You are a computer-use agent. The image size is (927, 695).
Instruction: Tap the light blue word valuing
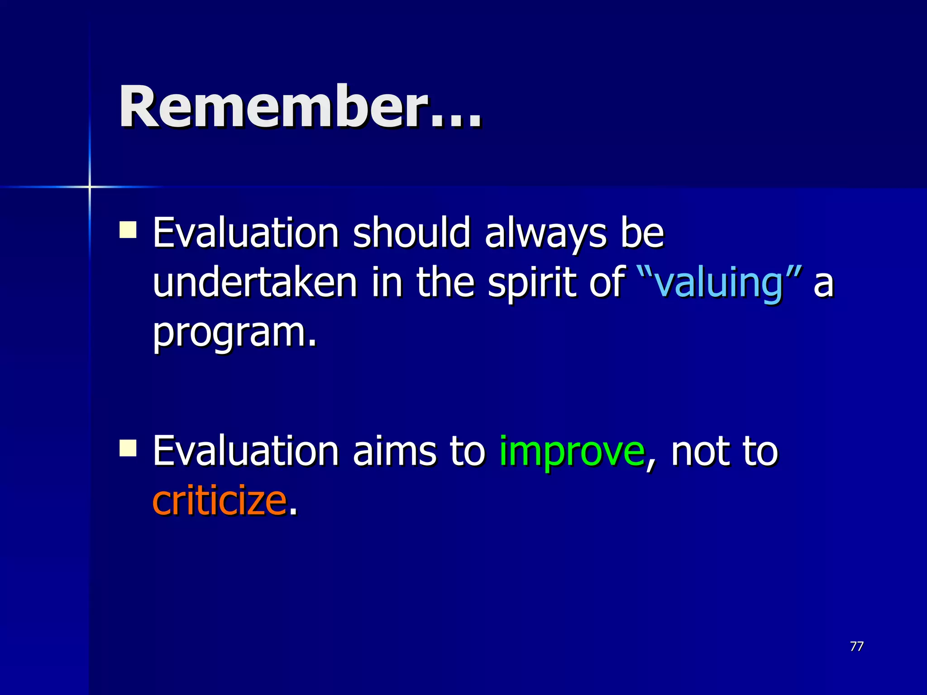click(719, 283)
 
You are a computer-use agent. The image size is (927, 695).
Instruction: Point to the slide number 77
click(856, 646)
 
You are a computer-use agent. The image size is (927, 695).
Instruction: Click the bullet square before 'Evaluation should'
click(128, 229)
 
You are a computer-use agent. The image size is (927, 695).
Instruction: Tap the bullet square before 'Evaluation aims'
click(128, 448)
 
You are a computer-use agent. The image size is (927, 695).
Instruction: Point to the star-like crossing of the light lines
click(90, 186)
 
